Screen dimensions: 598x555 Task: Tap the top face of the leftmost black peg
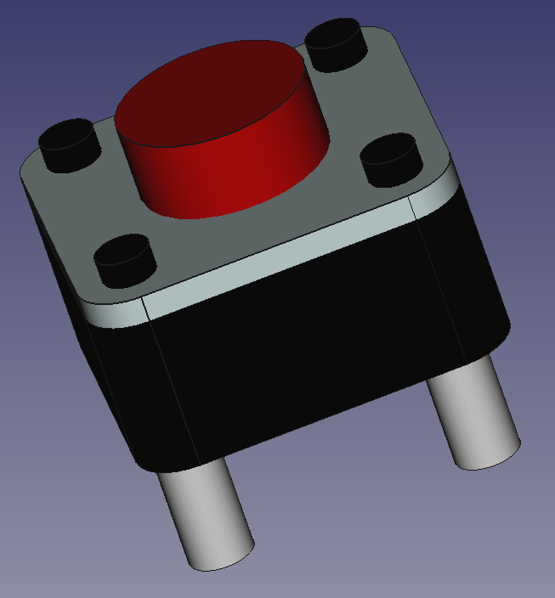tap(66, 133)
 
